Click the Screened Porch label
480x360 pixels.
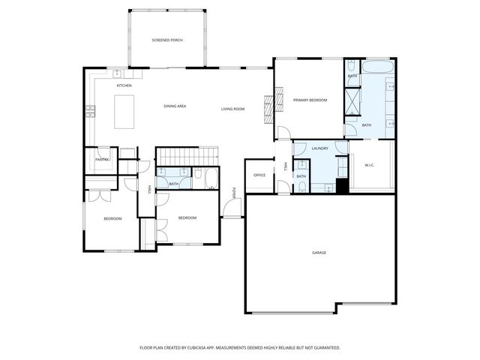pyautogui.click(x=167, y=40)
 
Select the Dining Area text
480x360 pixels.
pyautogui.click(x=175, y=106)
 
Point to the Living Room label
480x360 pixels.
pyautogui.click(x=232, y=109)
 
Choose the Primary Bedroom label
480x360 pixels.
pyautogui.click(x=310, y=100)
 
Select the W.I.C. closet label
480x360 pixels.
pyautogui.click(x=369, y=165)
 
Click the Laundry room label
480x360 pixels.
pyautogui.click(x=320, y=148)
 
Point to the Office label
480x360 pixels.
pyautogui.click(x=259, y=175)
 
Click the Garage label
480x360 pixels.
pyautogui.click(x=319, y=253)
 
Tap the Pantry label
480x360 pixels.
pyautogui.click(x=103, y=159)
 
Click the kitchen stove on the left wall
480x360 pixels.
pyautogui.click(x=90, y=112)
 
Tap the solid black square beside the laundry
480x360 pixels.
pyautogui.click(x=342, y=187)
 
